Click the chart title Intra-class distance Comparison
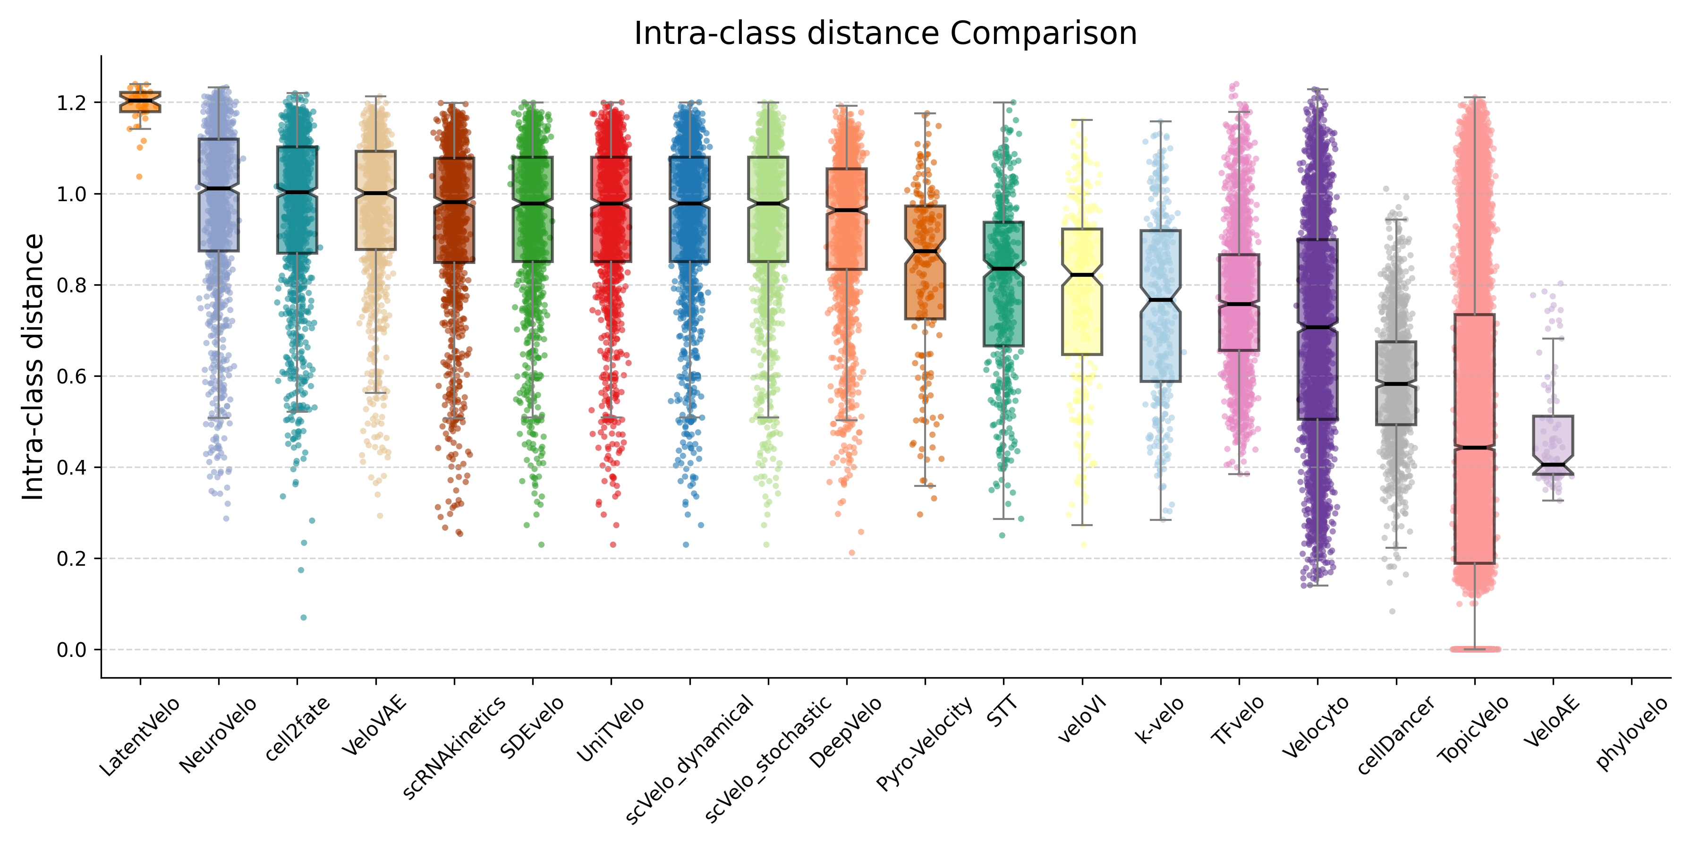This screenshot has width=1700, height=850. pyautogui.click(x=885, y=33)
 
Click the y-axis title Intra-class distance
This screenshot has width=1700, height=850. pyautogui.click(x=33, y=367)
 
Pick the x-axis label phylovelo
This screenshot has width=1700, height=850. pyautogui.click(x=1632, y=732)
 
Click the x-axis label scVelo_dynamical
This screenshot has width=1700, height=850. pyautogui.click(x=689, y=759)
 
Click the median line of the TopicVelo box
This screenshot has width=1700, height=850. pyautogui.click(x=1474, y=448)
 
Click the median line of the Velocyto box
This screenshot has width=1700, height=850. pyautogui.click(x=1317, y=327)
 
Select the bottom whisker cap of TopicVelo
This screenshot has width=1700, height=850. pyautogui.click(x=1474, y=649)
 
